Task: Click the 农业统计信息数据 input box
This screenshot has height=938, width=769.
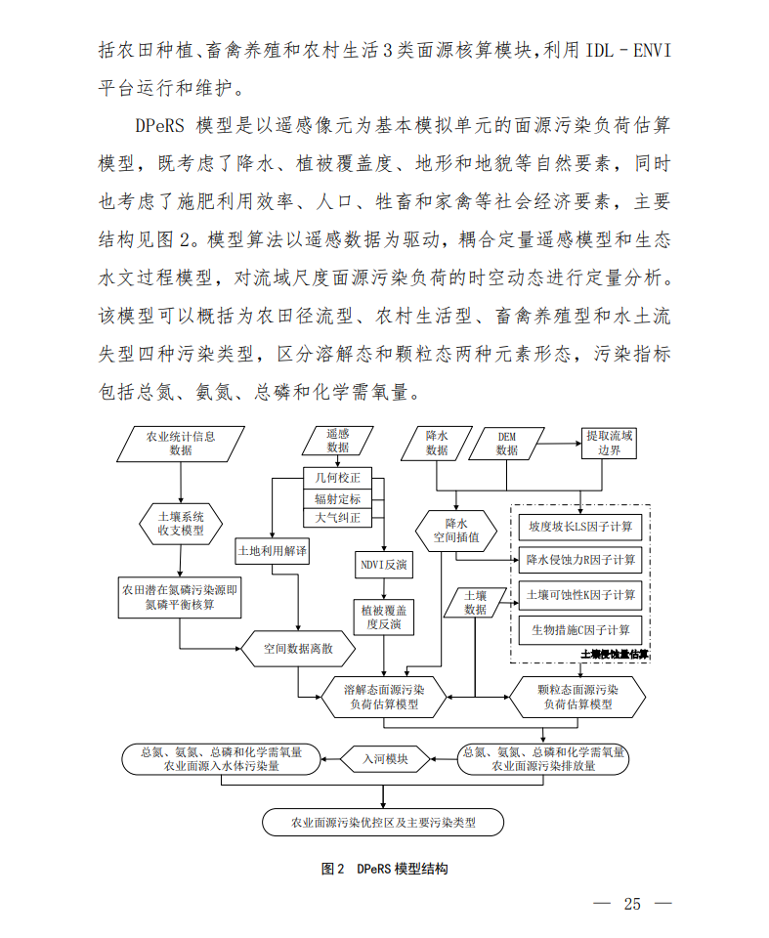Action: [x=180, y=443]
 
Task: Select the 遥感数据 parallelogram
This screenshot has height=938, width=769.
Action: [x=337, y=440]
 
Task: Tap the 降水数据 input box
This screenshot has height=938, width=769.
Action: [x=437, y=443]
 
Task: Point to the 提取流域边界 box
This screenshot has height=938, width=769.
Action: [x=609, y=443]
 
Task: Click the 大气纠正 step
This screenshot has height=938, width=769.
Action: [x=337, y=517]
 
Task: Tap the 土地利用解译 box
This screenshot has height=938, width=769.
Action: [x=273, y=552]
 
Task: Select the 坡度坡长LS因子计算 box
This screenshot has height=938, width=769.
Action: [x=580, y=527]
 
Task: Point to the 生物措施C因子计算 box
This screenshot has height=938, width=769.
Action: [x=580, y=629]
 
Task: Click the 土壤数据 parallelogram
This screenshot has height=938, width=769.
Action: [x=475, y=602]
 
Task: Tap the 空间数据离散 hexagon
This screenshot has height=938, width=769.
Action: [x=298, y=647]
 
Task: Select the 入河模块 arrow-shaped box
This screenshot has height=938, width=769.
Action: [x=386, y=758]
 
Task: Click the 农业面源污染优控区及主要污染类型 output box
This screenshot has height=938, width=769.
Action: [x=383, y=822]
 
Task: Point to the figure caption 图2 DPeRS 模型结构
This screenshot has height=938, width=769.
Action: [x=384, y=869]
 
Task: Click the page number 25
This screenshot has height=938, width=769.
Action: [x=632, y=904]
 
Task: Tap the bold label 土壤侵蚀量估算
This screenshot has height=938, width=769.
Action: [x=615, y=654]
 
